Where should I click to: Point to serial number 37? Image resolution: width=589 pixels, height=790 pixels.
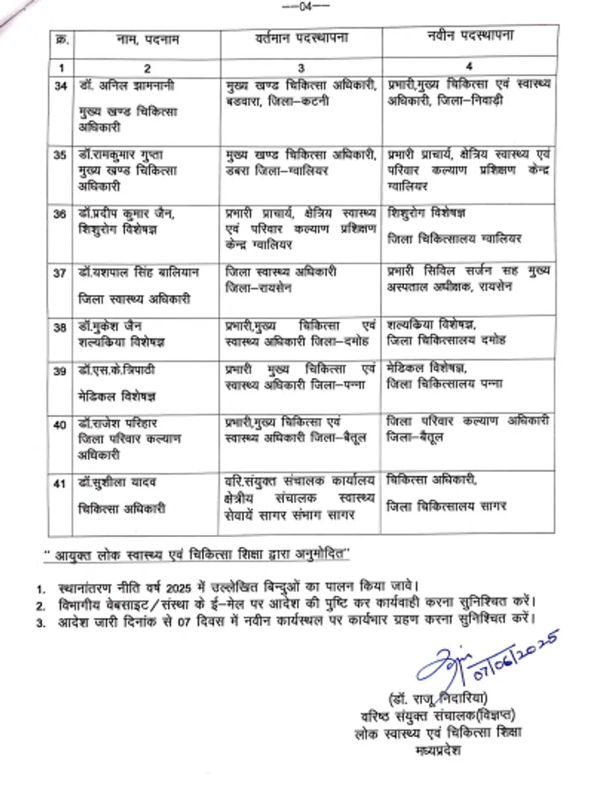pos(61,273)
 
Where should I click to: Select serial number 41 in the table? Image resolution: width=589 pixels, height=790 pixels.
pos(61,485)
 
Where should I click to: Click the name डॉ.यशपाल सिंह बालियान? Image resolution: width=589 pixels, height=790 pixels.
pos(137,273)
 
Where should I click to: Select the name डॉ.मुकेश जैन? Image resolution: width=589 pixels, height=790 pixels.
pos(112,327)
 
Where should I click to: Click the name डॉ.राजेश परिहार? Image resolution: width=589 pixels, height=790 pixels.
pos(119,423)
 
